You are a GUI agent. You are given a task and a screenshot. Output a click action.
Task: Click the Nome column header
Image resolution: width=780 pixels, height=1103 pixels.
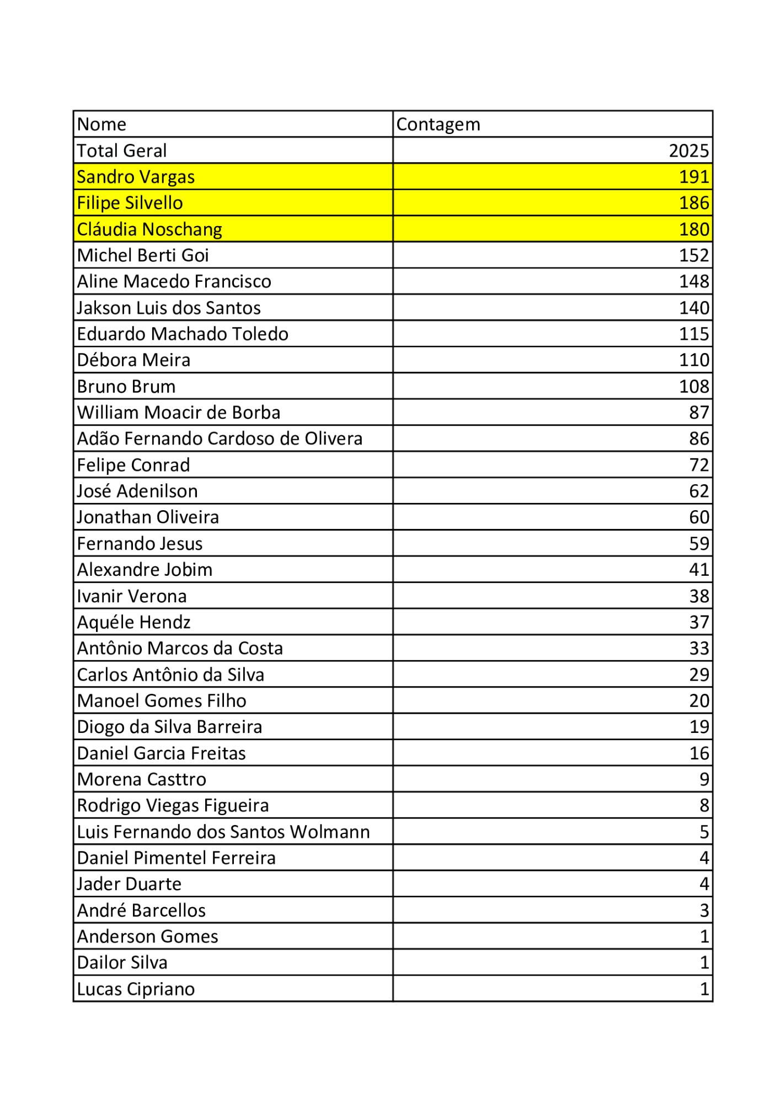(x=102, y=125)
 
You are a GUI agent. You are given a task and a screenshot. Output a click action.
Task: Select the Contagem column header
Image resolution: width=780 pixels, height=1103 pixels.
(x=438, y=125)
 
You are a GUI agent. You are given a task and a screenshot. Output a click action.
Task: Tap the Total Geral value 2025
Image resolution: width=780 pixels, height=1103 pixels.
(x=688, y=151)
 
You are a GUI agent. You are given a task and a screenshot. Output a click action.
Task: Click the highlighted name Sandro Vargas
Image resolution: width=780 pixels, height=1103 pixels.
(x=136, y=177)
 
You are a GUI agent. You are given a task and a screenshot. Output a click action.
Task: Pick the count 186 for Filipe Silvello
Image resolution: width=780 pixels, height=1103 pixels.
(x=693, y=203)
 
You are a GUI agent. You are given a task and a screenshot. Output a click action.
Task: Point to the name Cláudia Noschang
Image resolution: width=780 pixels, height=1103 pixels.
(x=149, y=229)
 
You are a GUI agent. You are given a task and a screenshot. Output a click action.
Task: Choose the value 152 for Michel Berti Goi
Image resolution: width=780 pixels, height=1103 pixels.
(x=693, y=255)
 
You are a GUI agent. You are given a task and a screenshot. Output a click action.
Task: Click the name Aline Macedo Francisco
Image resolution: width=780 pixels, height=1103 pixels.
(x=174, y=282)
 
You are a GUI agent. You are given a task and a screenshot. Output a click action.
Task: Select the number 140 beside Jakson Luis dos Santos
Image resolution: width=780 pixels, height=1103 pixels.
(x=693, y=308)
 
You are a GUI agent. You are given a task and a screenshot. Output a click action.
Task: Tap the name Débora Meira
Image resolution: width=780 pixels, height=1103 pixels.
(x=133, y=360)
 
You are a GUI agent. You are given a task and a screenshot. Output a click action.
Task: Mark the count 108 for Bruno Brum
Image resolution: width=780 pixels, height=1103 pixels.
(x=693, y=387)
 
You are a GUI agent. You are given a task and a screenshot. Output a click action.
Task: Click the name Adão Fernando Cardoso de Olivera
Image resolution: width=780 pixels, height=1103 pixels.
(x=220, y=439)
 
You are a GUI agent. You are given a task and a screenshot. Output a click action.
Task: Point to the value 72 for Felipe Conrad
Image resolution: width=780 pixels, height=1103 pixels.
(x=698, y=465)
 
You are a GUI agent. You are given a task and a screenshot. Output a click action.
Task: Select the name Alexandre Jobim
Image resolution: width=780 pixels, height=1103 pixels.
(x=145, y=570)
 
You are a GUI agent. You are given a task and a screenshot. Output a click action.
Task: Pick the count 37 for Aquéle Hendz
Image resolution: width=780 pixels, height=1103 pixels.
(x=698, y=622)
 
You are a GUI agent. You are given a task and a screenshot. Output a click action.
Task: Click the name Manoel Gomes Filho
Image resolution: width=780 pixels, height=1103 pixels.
(x=162, y=701)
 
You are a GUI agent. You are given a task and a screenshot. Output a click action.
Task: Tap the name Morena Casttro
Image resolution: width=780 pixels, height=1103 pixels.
(x=142, y=779)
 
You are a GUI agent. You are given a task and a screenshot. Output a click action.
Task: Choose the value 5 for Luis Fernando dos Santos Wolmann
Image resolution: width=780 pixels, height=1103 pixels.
(x=704, y=832)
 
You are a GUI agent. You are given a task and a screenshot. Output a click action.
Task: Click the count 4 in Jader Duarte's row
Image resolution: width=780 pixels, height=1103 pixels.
(x=704, y=884)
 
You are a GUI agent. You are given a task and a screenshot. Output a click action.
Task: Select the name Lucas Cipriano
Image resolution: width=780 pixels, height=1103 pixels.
(x=136, y=989)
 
